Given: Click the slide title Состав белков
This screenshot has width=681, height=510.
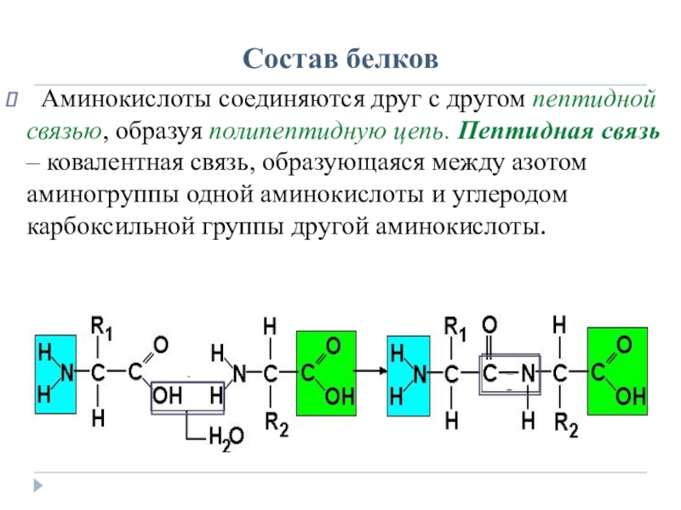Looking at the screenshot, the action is pyautogui.click(x=340, y=59).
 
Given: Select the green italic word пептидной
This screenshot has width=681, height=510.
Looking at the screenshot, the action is pyautogui.click(x=593, y=102).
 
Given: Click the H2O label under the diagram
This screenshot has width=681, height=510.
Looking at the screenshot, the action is pyautogui.click(x=226, y=439).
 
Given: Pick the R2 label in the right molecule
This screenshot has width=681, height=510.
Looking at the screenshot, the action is pyautogui.click(x=566, y=423).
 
